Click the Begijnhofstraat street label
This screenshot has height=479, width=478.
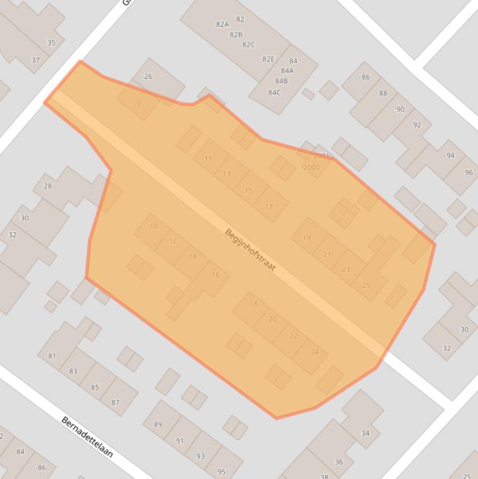click(x=250, y=250)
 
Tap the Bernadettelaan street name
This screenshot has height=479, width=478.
click(x=87, y=437)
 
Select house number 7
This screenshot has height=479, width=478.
click(x=138, y=105)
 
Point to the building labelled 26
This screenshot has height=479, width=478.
click(x=148, y=77)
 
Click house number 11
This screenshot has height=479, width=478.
click(x=208, y=159)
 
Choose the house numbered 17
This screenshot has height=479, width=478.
click(x=269, y=207)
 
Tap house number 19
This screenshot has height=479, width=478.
click(x=306, y=238)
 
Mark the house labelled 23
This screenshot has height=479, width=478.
click(x=346, y=269)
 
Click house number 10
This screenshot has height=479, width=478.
click(x=154, y=226)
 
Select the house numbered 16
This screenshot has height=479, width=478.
click(x=216, y=275)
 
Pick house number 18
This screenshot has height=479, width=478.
click(x=253, y=304)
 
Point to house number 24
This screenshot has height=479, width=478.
click(x=314, y=352)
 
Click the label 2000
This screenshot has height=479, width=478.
click(x=311, y=167)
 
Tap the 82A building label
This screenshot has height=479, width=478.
click(x=222, y=24)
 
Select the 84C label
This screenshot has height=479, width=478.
click(x=274, y=93)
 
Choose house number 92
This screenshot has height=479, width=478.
click(x=416, y=124)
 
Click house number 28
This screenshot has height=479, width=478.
click(x=48, y=186)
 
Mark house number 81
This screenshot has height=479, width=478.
click(x=52, y=356)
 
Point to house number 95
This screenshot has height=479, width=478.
click(x=221, y=472)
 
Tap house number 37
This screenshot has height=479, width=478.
click(x=35, y=60)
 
